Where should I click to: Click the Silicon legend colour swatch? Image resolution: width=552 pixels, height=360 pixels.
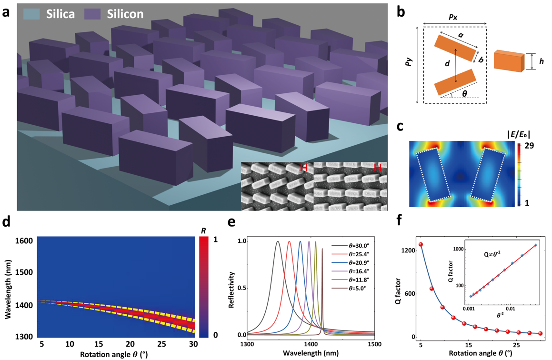click(92, 14)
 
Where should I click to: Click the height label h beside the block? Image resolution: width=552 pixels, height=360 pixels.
click(542, 61)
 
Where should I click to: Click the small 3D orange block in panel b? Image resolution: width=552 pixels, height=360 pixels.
click(509, 61)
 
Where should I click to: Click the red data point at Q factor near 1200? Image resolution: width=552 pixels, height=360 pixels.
click(421, 245)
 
